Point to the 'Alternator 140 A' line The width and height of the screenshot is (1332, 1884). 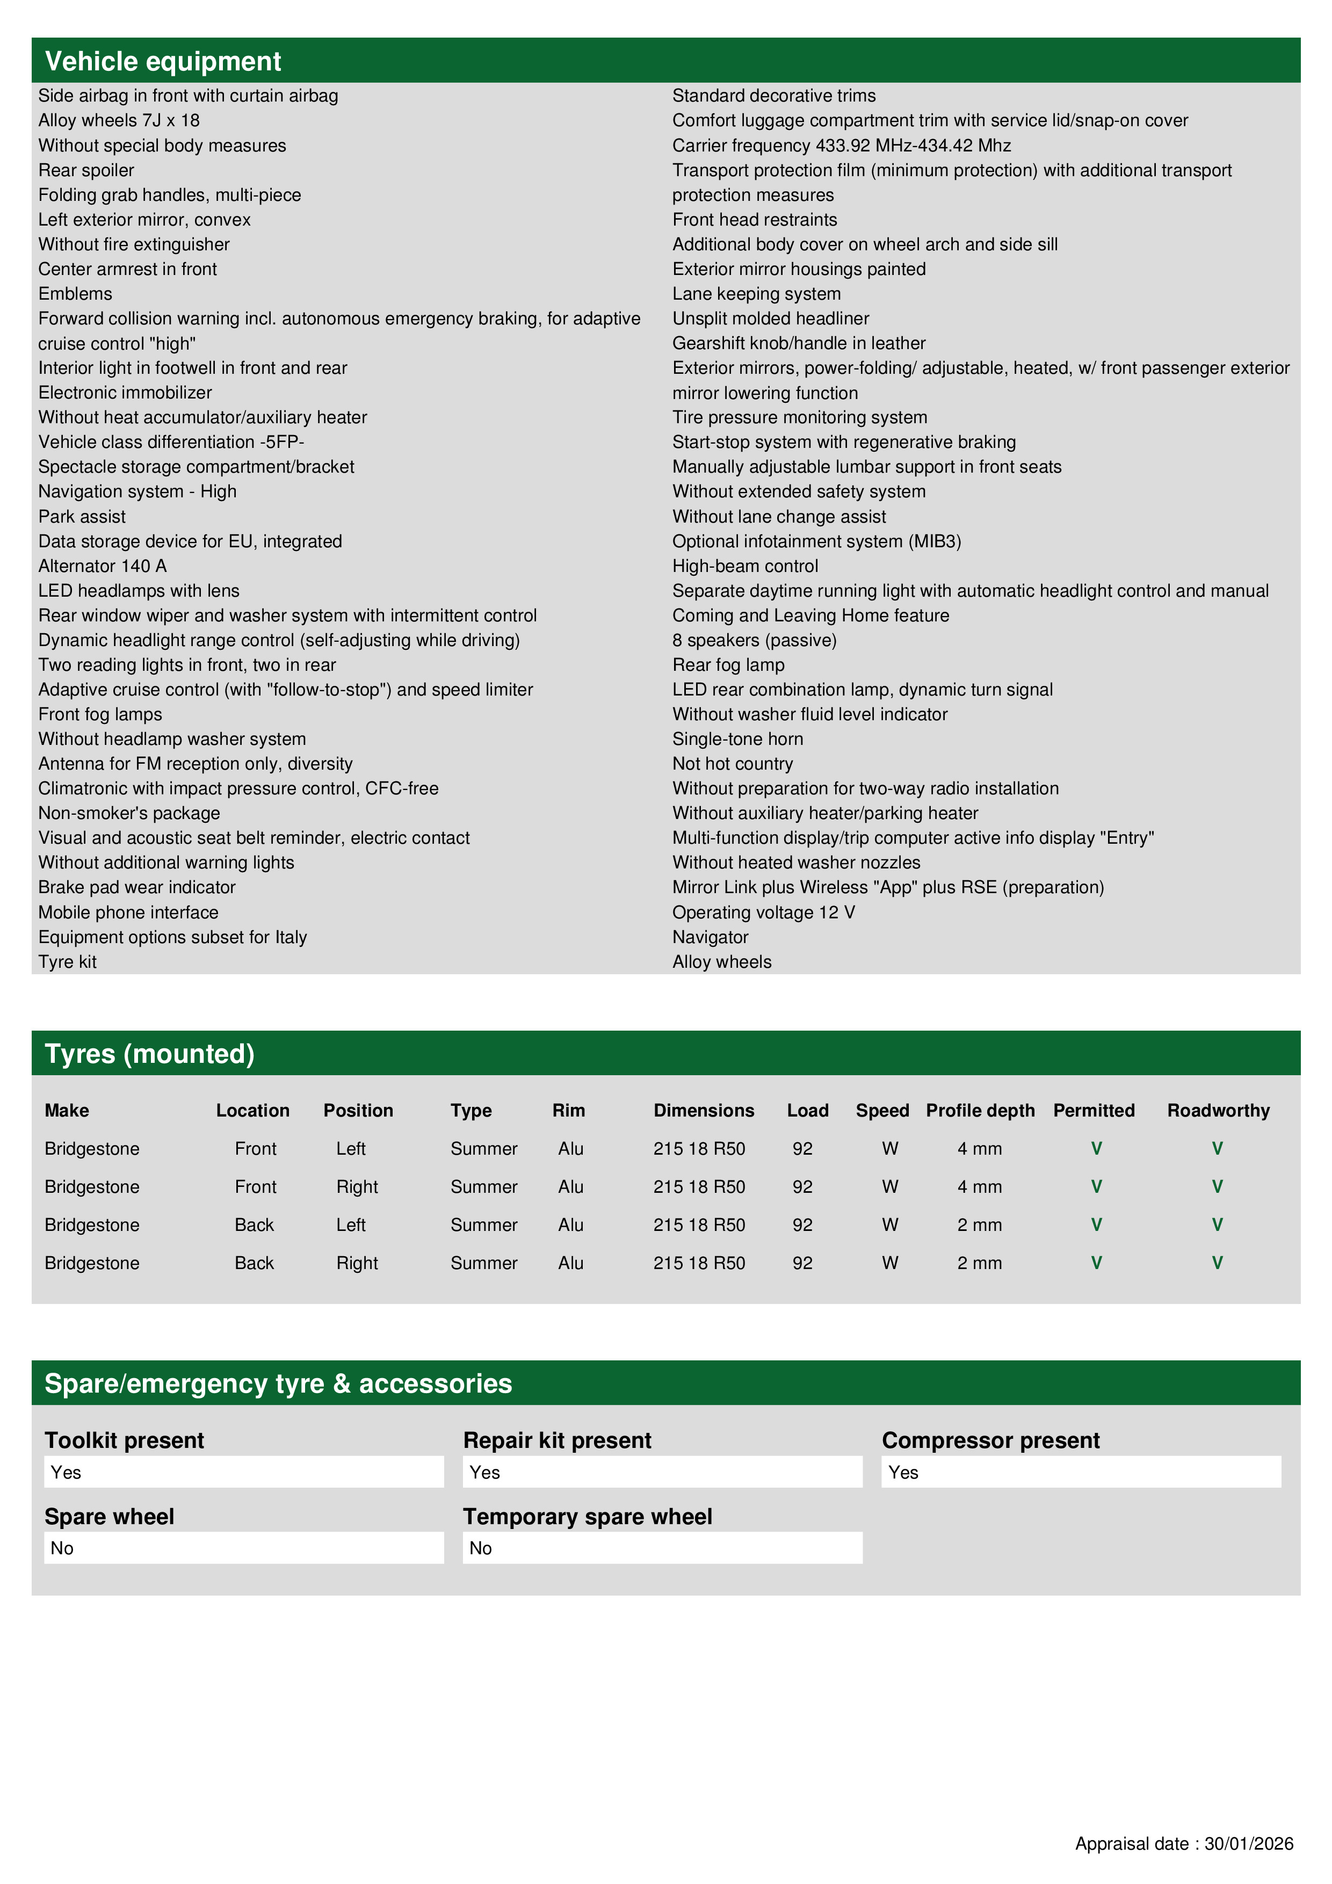[103, 566]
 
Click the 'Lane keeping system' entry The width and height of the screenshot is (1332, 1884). [756, 294]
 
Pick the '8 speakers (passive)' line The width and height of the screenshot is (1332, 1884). [754, 640]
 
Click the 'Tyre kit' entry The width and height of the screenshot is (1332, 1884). [67, 962]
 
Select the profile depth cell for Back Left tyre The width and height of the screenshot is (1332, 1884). [979, 1225]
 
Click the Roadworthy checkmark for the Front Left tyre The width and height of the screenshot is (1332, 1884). [1217, 1149]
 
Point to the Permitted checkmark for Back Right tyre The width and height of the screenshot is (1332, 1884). [1096, 1263]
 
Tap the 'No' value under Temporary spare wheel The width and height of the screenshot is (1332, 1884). [480, 1548]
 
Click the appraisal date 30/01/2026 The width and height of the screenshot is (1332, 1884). [1248, 1844]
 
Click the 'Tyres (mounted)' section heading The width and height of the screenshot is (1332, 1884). [149, 1054]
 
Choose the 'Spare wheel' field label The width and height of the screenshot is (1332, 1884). [109, 1517]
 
